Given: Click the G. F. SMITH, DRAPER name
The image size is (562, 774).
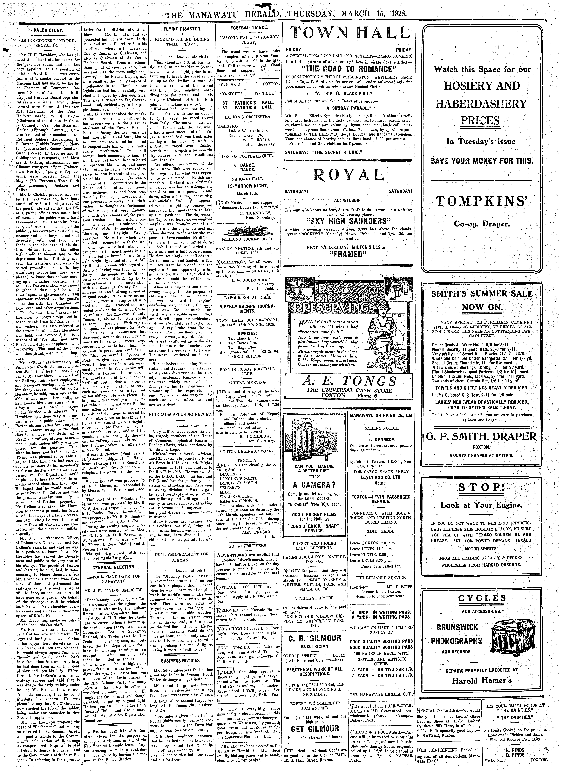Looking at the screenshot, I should [482, 437].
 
